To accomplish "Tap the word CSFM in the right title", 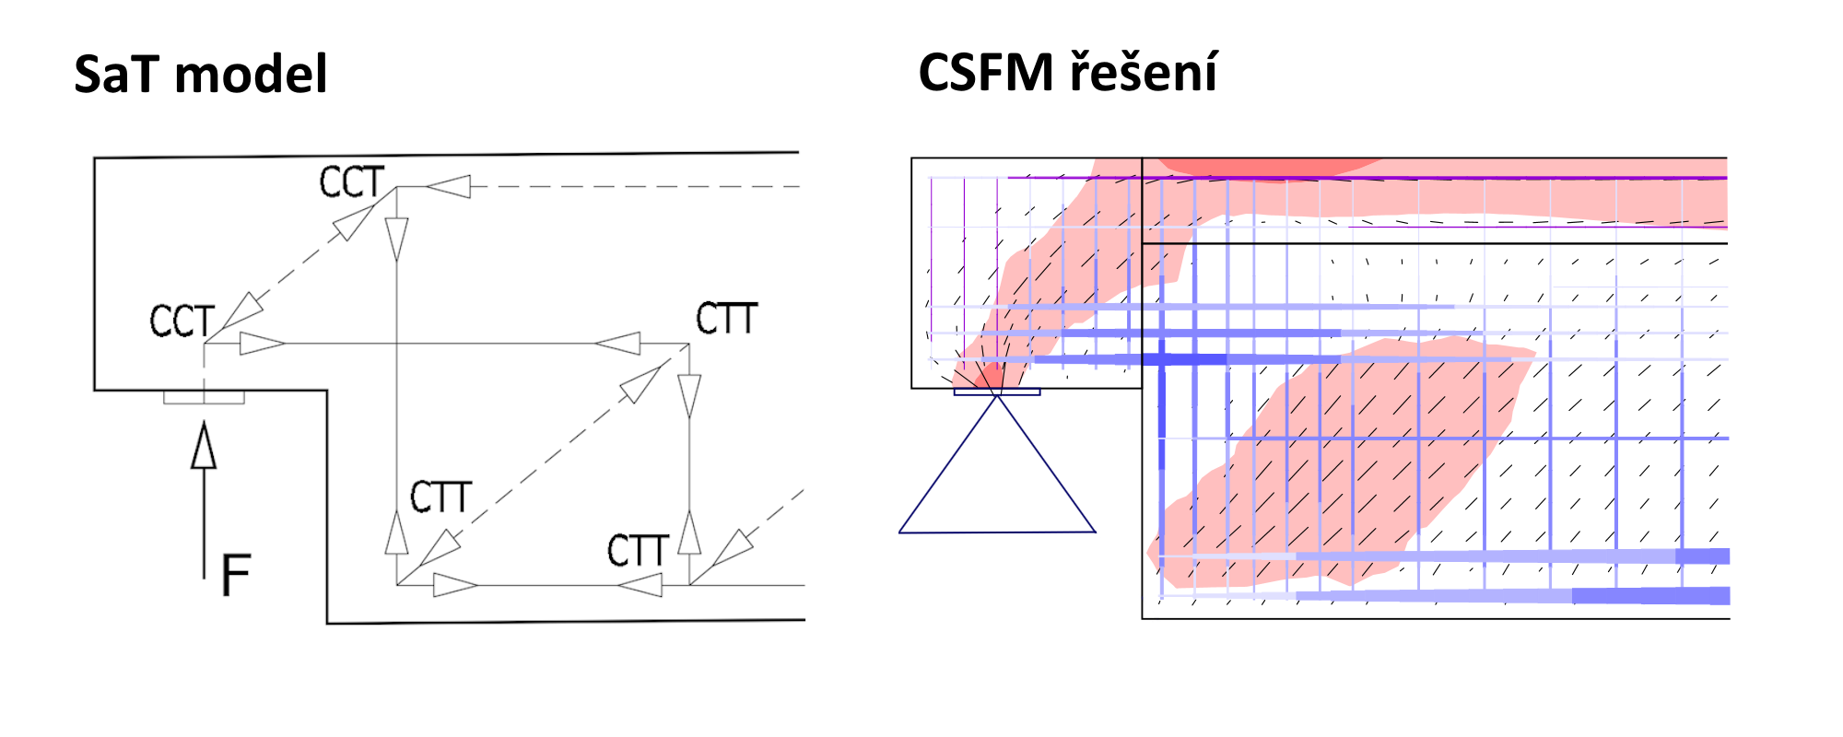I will point(986,73).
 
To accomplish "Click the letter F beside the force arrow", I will point(236,575).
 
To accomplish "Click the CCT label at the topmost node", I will point(351,182).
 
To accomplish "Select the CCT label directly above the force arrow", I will point(182,322).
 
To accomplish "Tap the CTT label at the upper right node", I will point(726,319).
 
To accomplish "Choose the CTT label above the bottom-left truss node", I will point(440,497).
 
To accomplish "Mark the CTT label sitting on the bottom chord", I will point(637,551).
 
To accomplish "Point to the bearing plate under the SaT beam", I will point(204,397).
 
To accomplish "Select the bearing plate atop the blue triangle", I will point(997,392).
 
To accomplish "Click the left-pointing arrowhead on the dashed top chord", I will point(449,187).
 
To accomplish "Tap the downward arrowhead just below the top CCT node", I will point(397,239).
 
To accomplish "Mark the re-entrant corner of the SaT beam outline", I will point(327,391).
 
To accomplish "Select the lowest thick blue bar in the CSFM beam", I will point(1649,596).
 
